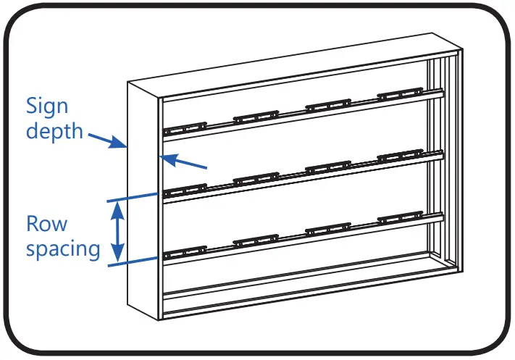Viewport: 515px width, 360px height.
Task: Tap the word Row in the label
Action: point(46,223)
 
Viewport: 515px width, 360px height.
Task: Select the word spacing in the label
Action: point(63,249)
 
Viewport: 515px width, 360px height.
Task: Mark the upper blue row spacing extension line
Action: point(134,196)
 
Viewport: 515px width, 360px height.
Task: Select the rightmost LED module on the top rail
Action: point(400,93)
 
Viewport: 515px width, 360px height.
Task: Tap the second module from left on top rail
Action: point(256,115)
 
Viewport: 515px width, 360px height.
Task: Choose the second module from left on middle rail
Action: point(256,178)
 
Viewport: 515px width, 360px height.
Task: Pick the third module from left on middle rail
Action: point(328,167)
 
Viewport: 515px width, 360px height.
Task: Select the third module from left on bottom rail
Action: point(328,228)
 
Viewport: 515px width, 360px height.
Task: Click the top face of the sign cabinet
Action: point(290,62)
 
